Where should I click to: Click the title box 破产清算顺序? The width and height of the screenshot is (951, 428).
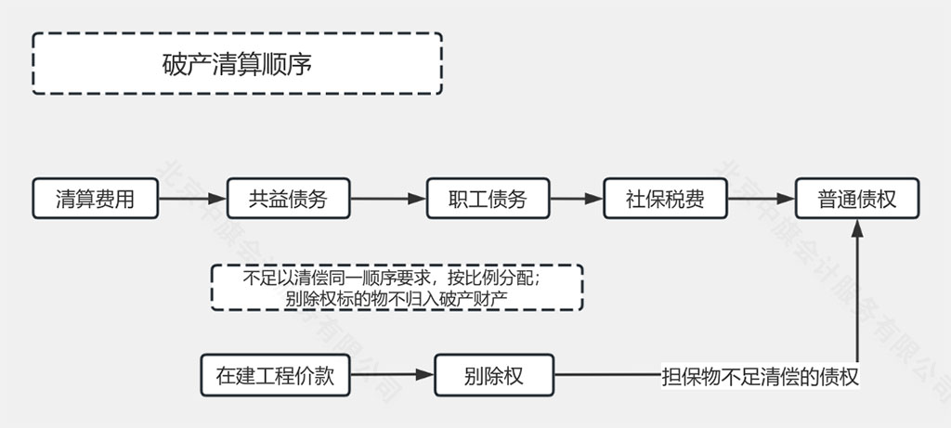pos(237,63)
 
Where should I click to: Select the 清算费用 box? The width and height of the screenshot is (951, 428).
pos(95,199)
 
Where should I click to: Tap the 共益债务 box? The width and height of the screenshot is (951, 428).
pos(288,199)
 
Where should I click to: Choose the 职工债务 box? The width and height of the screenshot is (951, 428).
pos(488,199)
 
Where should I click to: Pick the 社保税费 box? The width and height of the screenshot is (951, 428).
pos(664,199)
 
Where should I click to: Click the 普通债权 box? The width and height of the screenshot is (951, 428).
pos(856,199)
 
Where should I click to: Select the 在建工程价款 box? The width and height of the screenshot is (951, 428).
pos(276,376)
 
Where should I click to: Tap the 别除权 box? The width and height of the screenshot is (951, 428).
pos(493,376)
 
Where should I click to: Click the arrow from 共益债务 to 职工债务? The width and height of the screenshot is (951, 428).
pos(388,199)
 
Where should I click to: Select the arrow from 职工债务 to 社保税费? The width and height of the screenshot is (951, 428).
pos(576,199)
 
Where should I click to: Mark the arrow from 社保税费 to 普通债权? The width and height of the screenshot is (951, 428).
pos(761,199)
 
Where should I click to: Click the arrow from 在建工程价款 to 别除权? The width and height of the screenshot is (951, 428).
pos(392,376)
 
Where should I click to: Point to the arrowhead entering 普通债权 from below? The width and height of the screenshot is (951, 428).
pos(856,228)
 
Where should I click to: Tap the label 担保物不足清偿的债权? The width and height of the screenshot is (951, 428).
pos(759,377)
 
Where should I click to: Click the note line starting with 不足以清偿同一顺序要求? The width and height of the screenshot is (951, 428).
pos(397,278)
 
